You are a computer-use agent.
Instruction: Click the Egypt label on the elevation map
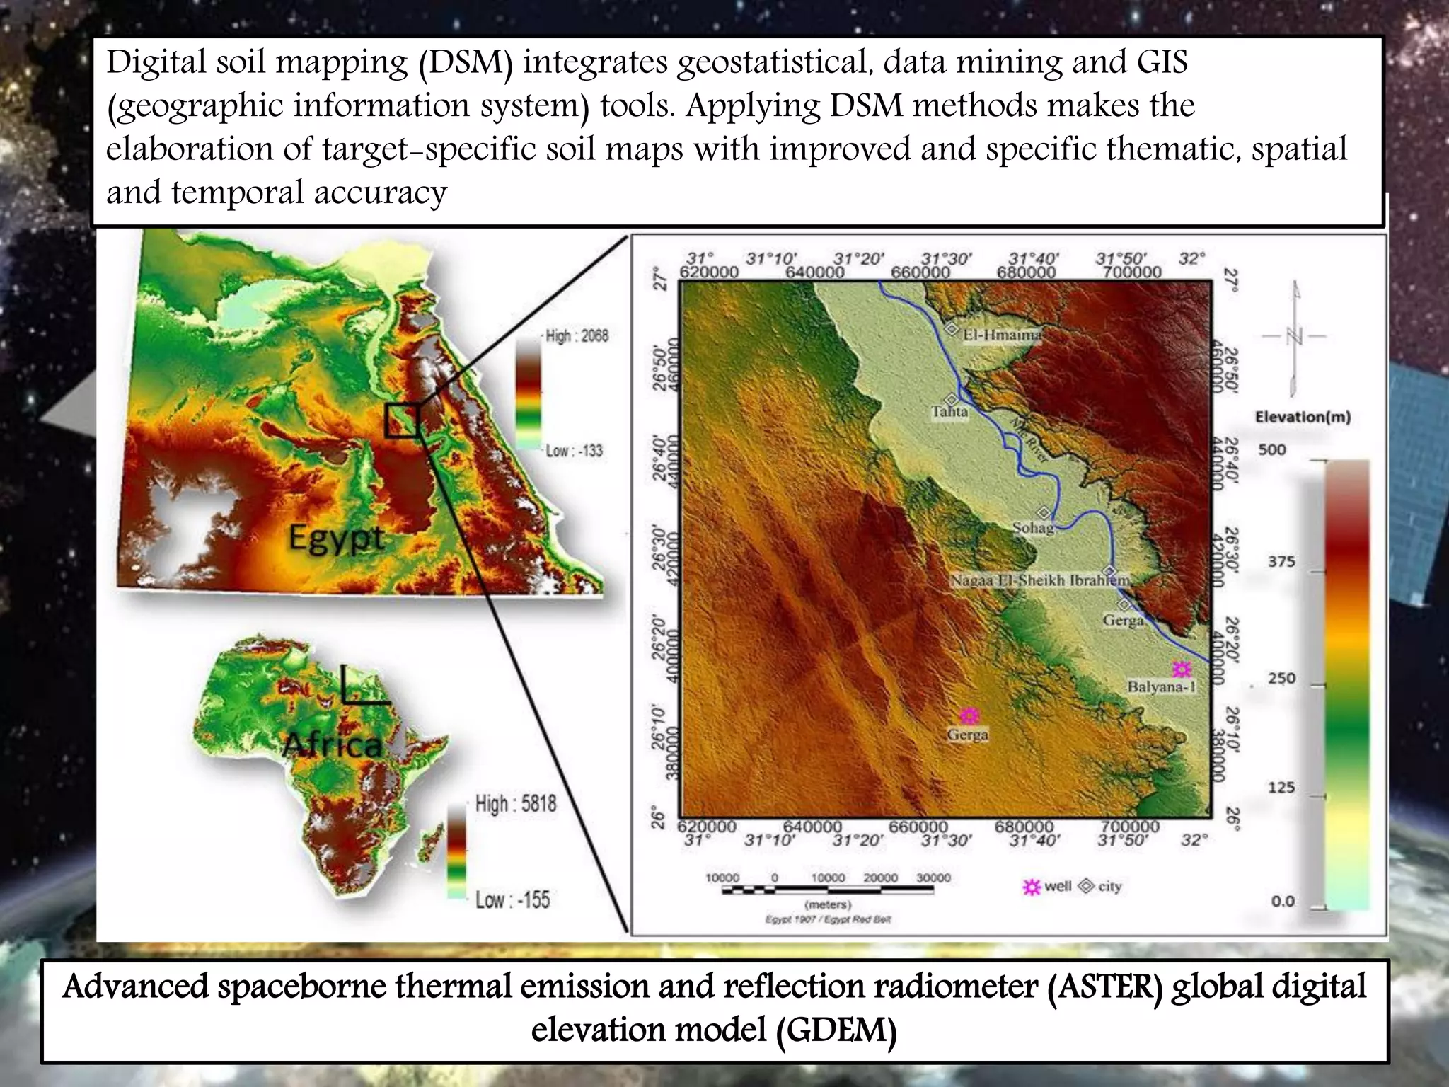point(336,539)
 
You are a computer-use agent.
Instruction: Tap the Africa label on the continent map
point(332,744)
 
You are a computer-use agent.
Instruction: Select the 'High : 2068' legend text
point(577,336)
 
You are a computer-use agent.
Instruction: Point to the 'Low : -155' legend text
point(512,900)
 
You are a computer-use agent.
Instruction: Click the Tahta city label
point(949,411)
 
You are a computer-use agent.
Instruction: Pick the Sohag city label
point(1033,527)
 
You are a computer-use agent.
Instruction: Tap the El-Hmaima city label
point(1002,334)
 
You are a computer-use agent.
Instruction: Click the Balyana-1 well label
point(1161,686)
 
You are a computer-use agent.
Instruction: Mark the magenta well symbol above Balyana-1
point(1181,668)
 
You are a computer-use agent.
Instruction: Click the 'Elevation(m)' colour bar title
point(1303,417)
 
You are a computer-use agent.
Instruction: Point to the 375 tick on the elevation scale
point(1281,562)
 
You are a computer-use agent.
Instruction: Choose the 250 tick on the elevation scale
point(1281,678)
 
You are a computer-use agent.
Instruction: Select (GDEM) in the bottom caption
point(836,1030)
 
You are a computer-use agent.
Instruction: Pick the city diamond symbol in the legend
point(1085,886)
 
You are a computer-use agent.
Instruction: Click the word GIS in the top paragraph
point(1162,62)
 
